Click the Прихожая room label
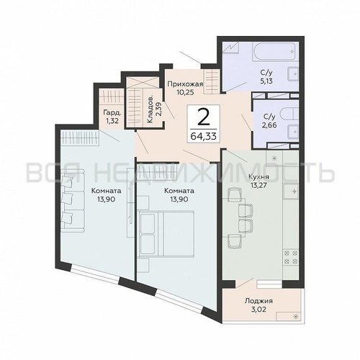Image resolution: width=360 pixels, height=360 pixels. tap(185, 84)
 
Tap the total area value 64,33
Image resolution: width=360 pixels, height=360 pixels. tap(204, 136)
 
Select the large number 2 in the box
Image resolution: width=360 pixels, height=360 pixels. tap(203, 117)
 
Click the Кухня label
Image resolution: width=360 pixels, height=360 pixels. tap(258, 177)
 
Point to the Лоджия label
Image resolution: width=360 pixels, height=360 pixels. tap(258, 301)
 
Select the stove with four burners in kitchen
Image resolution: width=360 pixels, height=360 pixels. tap(291, 257)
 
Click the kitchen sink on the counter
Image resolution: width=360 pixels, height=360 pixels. tap(291, 191)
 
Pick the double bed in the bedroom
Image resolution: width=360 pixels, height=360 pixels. tap(167, 234)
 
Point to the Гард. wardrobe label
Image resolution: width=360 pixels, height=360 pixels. tap(112, 112)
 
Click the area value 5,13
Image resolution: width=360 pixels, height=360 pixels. tap(266, 81)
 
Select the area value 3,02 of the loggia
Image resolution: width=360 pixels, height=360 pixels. tap(258, 309)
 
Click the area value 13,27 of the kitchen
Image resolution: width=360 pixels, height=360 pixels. tap(258, 185)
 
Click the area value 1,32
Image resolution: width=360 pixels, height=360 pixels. tap(112, 120)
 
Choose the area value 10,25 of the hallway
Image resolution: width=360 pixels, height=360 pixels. tap(185, 92)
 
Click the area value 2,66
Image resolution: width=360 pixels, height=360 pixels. tap(270, 125)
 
